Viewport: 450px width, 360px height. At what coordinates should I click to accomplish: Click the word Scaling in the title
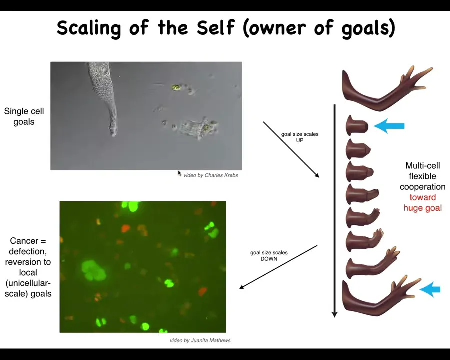click(x=89, y=28)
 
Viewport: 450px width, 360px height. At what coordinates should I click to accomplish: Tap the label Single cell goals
click(x=24, y=116)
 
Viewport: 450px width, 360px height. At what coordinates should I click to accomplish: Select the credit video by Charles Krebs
click(x=211, y=175)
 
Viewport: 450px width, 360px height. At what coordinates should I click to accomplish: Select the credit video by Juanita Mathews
click(x=200, y=340)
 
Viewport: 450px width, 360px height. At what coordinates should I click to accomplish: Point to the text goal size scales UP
click(x=300, y=137)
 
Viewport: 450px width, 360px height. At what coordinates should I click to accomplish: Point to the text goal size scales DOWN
click(x=269, y=256)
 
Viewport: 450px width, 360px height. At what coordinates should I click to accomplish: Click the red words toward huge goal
click(x=422, y=202)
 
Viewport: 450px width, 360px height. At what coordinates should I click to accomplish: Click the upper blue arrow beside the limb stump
click(x=389, y=126)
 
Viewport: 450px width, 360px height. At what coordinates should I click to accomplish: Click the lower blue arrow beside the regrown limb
click(x=430, y=289)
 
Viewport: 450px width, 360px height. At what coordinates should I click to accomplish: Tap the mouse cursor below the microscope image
click(x=180, y=173)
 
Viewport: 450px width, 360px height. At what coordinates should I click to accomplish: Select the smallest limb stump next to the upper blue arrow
click(x=357, y=125)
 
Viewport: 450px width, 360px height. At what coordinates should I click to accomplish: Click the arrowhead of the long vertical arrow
click(x=334, y=314)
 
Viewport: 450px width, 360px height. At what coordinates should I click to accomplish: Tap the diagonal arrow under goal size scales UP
click(x=291, y=150)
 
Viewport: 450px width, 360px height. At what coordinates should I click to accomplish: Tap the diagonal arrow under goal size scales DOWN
click(x=278, y=267)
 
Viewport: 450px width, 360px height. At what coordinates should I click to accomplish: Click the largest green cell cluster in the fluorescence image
click(x=93, y=270)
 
